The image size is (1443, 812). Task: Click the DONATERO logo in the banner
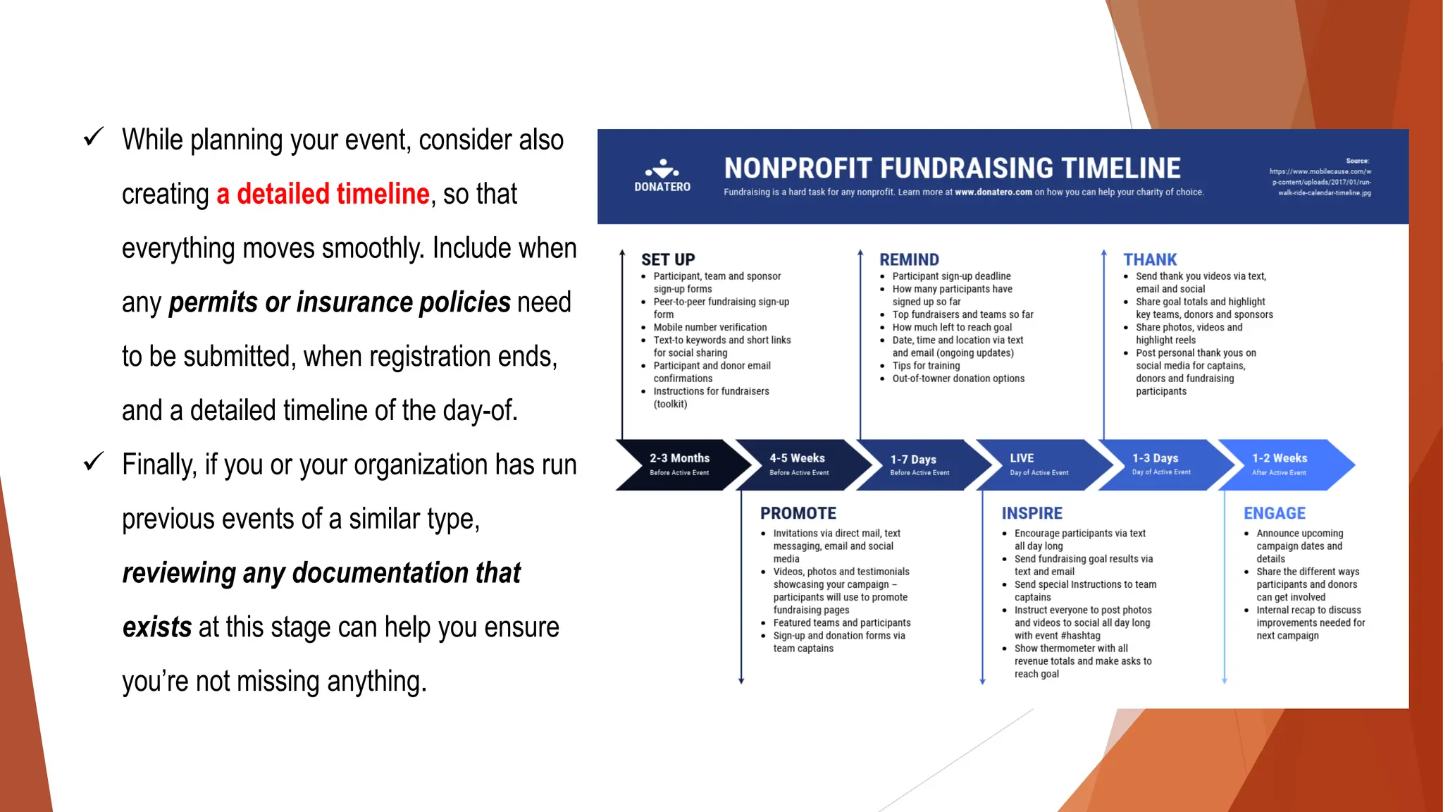(x=662, y=176)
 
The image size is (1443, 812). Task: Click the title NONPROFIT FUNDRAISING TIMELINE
(x=952, y=168)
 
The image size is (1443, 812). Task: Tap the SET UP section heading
(x=668, y=259)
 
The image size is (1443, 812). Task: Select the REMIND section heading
(x=909, y=259)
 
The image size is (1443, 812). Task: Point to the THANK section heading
(x=1150, y=259)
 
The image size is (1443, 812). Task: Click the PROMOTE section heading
(x=798, y=513)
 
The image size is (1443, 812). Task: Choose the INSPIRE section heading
(x=1032, y=513)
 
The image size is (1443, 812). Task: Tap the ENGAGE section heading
(x=1274, y=513)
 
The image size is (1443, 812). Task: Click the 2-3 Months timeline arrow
(x=680, y=465)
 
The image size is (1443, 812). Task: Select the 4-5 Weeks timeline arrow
(x=798, y=465)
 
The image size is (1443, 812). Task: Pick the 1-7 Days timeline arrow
(x=918, y=465)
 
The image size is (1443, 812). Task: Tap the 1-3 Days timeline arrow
(x=1160, y=465)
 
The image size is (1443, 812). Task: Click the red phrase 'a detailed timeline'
(x=323, y=194)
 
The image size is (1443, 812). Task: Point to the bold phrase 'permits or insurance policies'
(x=340, y=302)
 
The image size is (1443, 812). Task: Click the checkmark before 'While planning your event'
(x=94, y=137)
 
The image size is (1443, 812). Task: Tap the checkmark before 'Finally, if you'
(x=94, y=462)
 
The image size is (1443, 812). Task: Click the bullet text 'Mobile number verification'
(x=710, y=327)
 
